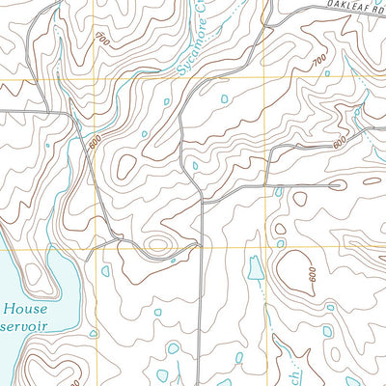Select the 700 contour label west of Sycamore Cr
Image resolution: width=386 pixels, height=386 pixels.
point(102,40)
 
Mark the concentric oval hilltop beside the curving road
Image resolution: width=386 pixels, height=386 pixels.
point(158,242)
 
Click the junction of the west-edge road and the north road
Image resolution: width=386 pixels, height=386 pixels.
point(68,115)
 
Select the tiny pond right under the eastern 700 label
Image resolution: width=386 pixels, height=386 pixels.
point(327,73)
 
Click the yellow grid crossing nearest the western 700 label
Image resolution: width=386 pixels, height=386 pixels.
point(95,78)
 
